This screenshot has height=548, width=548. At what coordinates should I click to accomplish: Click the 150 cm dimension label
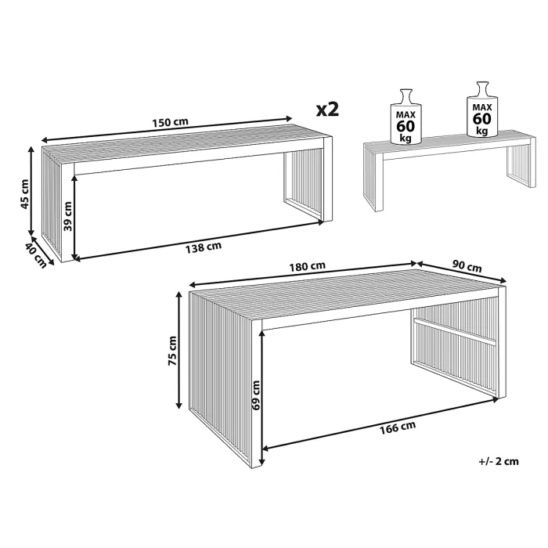coord(170,122)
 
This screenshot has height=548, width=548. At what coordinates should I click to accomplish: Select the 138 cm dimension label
coord(204,247)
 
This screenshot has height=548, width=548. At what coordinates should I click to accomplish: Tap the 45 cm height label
coord(25,194)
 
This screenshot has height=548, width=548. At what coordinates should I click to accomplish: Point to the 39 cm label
coord(68,216)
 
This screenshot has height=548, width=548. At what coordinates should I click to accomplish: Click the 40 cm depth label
coord(36,255)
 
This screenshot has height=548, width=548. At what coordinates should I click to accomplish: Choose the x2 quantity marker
coord(327,110)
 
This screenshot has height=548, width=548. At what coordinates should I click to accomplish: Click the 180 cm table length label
coord(307,267)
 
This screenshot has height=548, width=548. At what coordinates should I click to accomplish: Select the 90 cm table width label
coord(467,266)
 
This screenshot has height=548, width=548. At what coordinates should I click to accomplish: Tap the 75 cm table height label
coord(172,351)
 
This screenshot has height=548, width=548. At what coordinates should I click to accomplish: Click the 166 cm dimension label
coord(398,427)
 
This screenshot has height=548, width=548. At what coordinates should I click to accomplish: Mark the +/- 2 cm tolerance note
coord(499,461)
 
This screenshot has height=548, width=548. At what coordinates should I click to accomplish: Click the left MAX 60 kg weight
coord(406,117)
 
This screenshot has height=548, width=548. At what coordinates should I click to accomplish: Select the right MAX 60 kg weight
coord(482,109)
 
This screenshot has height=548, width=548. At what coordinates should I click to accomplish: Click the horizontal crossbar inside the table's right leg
coord(455,331)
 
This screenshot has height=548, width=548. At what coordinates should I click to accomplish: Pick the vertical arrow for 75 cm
coord(179,350)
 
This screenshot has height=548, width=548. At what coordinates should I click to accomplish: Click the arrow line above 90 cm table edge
coord(461,272)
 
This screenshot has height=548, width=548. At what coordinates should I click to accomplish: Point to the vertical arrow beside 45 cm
coord(31,191)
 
